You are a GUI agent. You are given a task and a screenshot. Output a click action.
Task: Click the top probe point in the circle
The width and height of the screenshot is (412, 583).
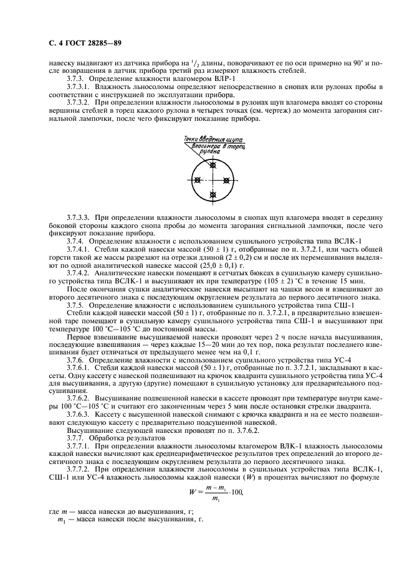213,164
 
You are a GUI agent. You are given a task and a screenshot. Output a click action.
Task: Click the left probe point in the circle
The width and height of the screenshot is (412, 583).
198,180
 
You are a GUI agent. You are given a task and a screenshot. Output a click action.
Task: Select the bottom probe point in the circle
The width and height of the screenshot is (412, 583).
213,196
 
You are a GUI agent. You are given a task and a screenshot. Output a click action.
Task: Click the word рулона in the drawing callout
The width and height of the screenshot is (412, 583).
210,151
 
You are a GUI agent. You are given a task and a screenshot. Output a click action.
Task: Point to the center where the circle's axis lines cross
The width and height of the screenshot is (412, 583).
213,180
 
